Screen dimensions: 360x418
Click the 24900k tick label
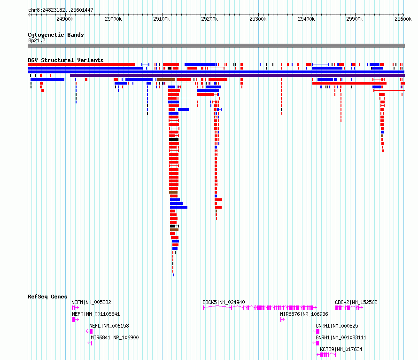65,19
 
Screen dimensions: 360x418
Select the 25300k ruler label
258,19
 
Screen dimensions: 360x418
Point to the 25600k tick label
403,19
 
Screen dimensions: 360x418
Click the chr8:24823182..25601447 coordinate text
61,10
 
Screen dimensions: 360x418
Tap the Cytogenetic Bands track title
56,35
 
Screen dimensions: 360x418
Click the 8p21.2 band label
36,40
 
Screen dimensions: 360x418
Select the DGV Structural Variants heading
66,60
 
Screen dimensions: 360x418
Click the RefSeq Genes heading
47,297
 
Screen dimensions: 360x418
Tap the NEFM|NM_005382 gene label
92,302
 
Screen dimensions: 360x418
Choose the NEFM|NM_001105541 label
96,314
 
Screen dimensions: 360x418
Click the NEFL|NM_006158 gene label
109,326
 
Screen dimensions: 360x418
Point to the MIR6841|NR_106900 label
115,337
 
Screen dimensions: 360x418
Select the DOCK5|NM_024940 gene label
224,302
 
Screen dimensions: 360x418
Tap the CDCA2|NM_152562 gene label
356,302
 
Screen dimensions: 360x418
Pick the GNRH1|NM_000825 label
337,326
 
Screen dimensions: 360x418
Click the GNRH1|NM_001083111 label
341,337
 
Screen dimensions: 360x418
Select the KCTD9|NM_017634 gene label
341,349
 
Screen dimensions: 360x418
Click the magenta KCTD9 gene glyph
326,355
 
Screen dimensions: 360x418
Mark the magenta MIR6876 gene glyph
282,320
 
